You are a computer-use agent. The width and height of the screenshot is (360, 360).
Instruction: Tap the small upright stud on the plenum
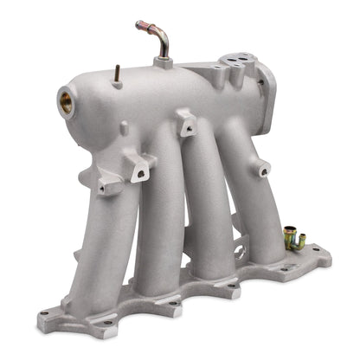pyautogui.click(x=113, y=73)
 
